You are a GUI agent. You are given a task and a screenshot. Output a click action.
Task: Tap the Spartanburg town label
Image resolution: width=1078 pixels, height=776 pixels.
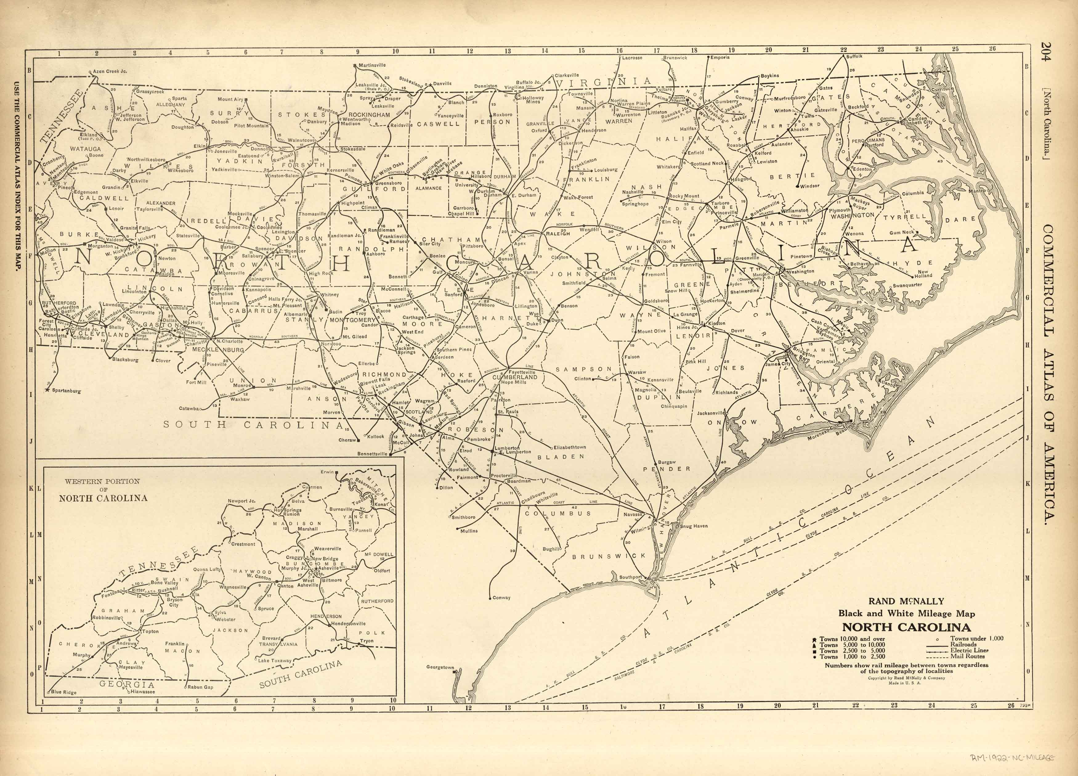coord(66,391)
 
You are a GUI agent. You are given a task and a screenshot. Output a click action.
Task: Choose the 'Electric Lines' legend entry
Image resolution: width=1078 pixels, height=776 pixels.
coord(969,650)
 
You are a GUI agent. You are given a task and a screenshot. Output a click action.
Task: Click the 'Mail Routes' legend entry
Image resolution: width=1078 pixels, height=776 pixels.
coord(968,656)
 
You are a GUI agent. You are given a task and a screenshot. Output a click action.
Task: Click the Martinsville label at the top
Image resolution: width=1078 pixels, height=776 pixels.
coord(372,65)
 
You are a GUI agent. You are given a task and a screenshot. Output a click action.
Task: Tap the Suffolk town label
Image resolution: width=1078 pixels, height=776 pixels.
coord(854,56)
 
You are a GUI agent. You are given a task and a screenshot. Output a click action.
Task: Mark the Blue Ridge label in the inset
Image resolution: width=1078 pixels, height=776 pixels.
coord(63,692)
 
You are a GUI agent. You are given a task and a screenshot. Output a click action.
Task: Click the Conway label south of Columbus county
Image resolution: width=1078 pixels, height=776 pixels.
coord(501,598)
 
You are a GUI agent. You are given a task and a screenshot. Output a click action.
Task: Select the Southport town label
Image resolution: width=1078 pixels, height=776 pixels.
coord(630,577)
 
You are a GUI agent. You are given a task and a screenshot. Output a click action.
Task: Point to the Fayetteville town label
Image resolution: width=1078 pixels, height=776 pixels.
coord(522,372)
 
